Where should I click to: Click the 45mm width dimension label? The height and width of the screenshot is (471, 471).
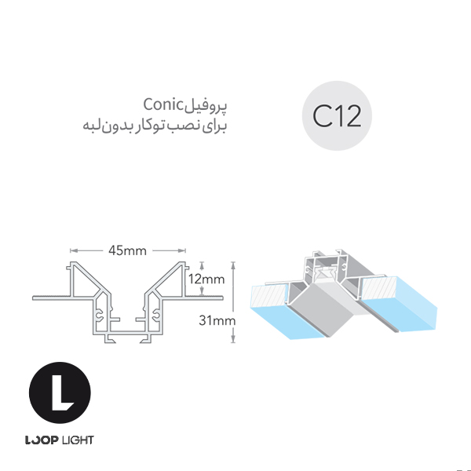(127, 250)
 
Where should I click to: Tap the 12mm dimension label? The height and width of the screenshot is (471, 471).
(206, 279)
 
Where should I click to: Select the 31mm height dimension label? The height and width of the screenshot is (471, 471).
(217, 320)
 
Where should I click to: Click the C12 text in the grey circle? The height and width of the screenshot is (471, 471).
(337, 116)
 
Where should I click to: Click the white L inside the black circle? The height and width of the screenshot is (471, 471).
(62, 392)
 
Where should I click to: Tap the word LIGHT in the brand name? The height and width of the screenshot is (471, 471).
(78, 440)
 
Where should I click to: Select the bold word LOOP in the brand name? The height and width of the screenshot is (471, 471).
(42, 440)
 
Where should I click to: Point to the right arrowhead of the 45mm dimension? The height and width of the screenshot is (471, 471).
(182, 250)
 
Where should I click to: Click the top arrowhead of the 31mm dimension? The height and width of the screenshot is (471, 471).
(233, 265)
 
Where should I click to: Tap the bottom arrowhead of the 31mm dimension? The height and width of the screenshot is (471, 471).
(233, 339)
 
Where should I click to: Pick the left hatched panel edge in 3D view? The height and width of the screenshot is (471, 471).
(268, 296)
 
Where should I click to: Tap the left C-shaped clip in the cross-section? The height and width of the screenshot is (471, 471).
(100, 316)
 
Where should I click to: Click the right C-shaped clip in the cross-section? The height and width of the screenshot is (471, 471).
(156, 316)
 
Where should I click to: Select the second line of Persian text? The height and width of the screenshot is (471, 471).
(155, 126)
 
